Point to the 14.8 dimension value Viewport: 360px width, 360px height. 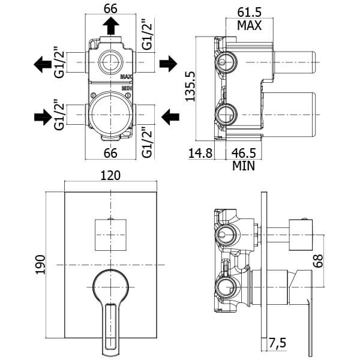pyautogui.click(x=200, y=152)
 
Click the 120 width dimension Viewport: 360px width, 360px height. pyautogui.click(x=112, y=175)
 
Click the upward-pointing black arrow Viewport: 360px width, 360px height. pyautogui.click(x=111, y=26)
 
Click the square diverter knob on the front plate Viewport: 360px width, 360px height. pyautogui.click(x=112, y=234)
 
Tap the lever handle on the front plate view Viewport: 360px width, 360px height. pyautogui.click(x=111, y=303)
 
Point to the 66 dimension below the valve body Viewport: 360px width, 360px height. pyautogui.click(x=110, y=152)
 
